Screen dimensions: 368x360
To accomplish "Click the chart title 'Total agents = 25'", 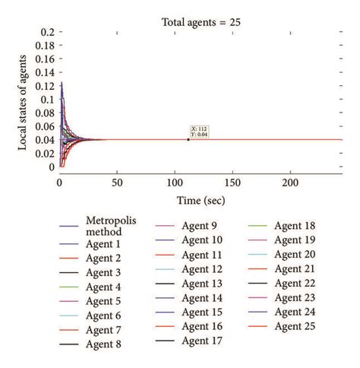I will tap(201, 22).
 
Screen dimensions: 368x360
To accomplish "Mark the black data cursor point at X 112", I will tap(188, 139).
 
